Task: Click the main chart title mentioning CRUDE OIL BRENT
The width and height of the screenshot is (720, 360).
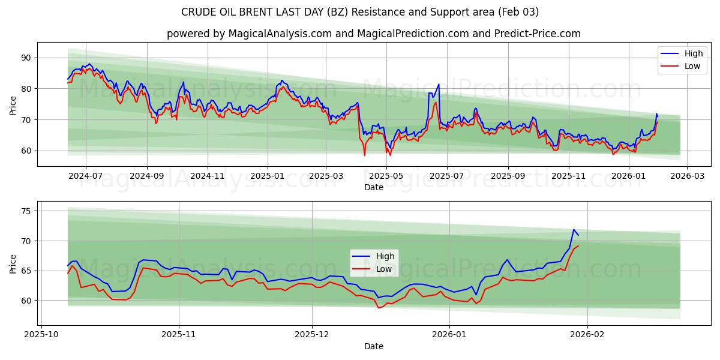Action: (360, 12)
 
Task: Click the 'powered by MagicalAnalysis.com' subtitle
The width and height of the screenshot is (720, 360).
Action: (373, 34)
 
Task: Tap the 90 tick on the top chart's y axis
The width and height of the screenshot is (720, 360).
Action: (26, 58)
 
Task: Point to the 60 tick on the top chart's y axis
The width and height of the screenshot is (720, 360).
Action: (26, 151)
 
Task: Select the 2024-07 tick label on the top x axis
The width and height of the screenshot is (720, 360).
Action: (86, 176)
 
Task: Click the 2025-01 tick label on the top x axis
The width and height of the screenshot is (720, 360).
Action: (267, 176)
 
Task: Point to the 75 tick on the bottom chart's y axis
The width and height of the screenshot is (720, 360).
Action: (26, 211)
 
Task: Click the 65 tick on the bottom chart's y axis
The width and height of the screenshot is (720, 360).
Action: (26, 271)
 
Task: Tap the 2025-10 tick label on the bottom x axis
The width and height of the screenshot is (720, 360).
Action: (42, 335)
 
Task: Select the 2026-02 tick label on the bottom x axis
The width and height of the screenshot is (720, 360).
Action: (587, 335)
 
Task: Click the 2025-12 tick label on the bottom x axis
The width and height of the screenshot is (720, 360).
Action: (313, 335)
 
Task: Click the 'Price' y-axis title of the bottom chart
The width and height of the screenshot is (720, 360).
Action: (13, 263)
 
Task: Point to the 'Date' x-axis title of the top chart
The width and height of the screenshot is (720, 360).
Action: (373, 187)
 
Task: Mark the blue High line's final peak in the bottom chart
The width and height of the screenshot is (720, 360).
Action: (574, 230)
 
